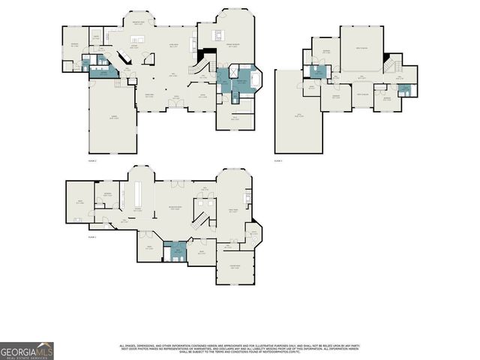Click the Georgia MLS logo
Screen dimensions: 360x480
pyautogui.click(x=27, y=351)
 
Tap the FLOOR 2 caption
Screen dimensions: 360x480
pyautogui.click(x=94, y=161)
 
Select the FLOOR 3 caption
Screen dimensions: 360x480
pyautogui.click(x=278, y=161)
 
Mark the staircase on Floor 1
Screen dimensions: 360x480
pyautogui.click(x=201, y=220)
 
